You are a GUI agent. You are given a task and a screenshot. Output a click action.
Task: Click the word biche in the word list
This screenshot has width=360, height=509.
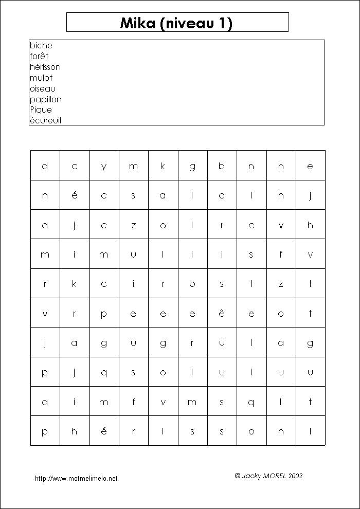tap(41, 46)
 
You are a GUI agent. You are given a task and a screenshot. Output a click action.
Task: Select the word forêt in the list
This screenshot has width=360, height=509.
tap(39, 56)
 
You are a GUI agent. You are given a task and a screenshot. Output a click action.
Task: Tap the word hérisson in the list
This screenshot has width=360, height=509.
tap(45, 67)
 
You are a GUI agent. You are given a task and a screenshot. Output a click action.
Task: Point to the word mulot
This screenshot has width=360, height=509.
tap(41, 78)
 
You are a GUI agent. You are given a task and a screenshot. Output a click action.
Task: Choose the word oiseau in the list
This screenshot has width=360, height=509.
tap(43, 88)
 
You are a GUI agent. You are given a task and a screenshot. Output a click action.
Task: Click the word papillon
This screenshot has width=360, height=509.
tap(46, 99)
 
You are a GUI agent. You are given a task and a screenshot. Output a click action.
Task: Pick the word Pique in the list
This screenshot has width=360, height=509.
tap(41, 110)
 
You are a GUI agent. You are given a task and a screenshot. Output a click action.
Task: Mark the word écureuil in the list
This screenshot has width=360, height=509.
tap(46, 121)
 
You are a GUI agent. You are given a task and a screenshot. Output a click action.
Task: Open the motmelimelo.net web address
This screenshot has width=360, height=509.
tap(76, 478)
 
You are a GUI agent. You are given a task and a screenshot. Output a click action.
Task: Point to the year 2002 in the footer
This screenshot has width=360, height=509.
tap(296, 476)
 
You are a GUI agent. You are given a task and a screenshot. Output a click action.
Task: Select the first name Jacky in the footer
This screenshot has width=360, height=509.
tap(251, 476)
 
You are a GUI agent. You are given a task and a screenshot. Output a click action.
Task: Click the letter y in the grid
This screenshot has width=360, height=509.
tap(104, 166)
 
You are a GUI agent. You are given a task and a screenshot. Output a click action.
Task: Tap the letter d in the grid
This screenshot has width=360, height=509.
tap(45, 166)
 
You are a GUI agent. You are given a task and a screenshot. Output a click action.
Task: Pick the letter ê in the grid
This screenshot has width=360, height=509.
tap(222, 313)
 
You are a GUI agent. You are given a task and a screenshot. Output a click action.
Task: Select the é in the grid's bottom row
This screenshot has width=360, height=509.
tap(104, 431)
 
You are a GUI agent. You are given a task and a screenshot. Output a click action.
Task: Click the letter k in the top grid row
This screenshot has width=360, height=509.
tap(163, 166)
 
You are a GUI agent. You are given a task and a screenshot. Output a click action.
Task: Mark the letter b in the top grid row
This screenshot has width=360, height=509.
tap(222, 166)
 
